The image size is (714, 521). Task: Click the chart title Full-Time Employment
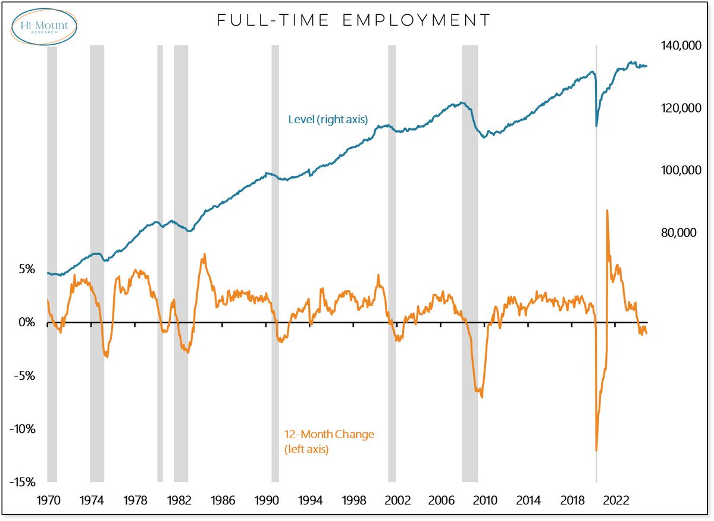[x=354, y=20]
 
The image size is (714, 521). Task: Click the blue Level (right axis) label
[x=328, y=120]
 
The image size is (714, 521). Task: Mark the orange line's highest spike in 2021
[x=607, y=210]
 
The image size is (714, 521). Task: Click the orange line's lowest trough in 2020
[x=596, y=451]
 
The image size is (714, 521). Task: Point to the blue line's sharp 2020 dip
[x=596, y=126]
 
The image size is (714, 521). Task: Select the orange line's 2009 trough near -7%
[x=481, y=397]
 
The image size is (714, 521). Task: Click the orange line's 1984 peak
[x=205, y=254]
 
